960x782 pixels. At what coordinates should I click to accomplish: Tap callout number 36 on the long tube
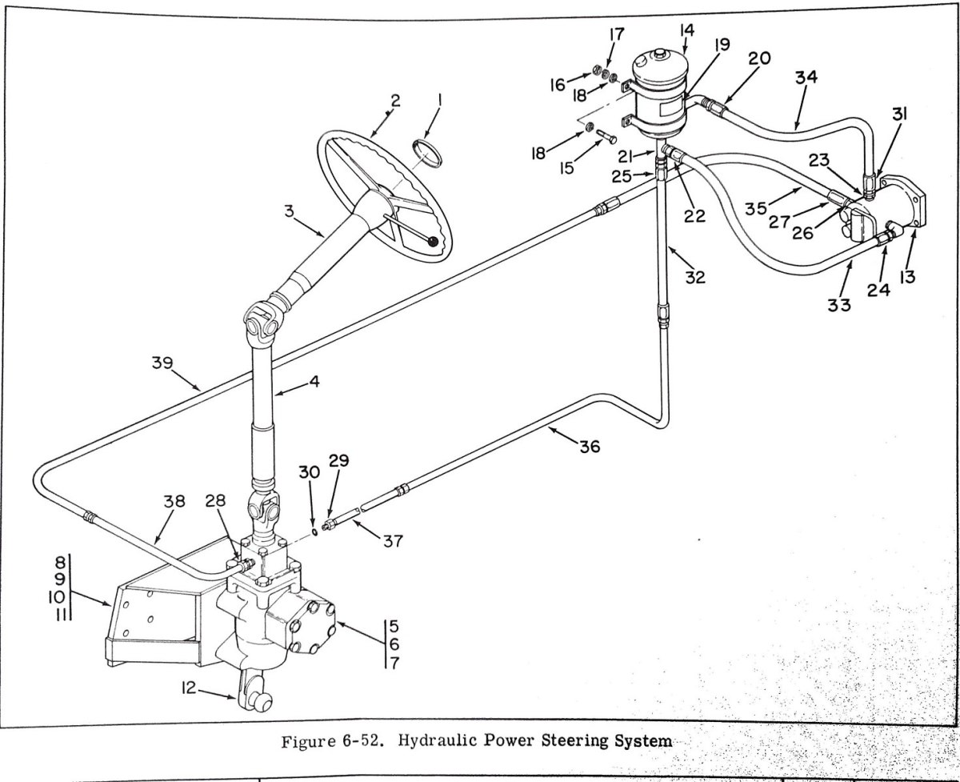point(590,447)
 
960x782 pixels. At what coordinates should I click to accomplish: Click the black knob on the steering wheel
point(433,242)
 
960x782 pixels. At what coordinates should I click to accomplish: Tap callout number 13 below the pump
point(906,278)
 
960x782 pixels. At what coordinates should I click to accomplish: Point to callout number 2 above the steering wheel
point(394,101)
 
